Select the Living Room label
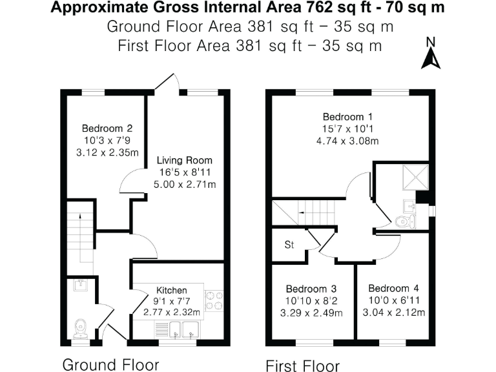pos(185,160)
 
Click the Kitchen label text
pos(171,291)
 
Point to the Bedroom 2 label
pos(107,129)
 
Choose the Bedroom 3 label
pos(311,289)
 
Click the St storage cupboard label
pos(289,245)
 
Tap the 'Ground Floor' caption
pos(110,364)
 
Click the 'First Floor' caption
pos(303,366)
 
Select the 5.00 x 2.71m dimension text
pos(185,185)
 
